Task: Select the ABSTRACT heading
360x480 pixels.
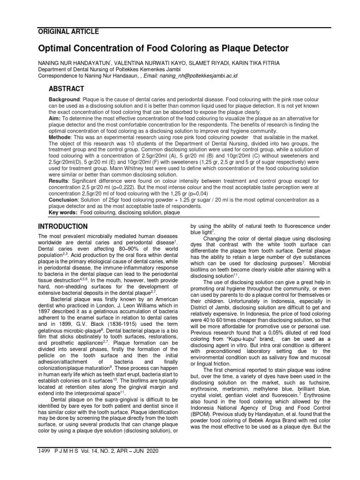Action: pos(67,89)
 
